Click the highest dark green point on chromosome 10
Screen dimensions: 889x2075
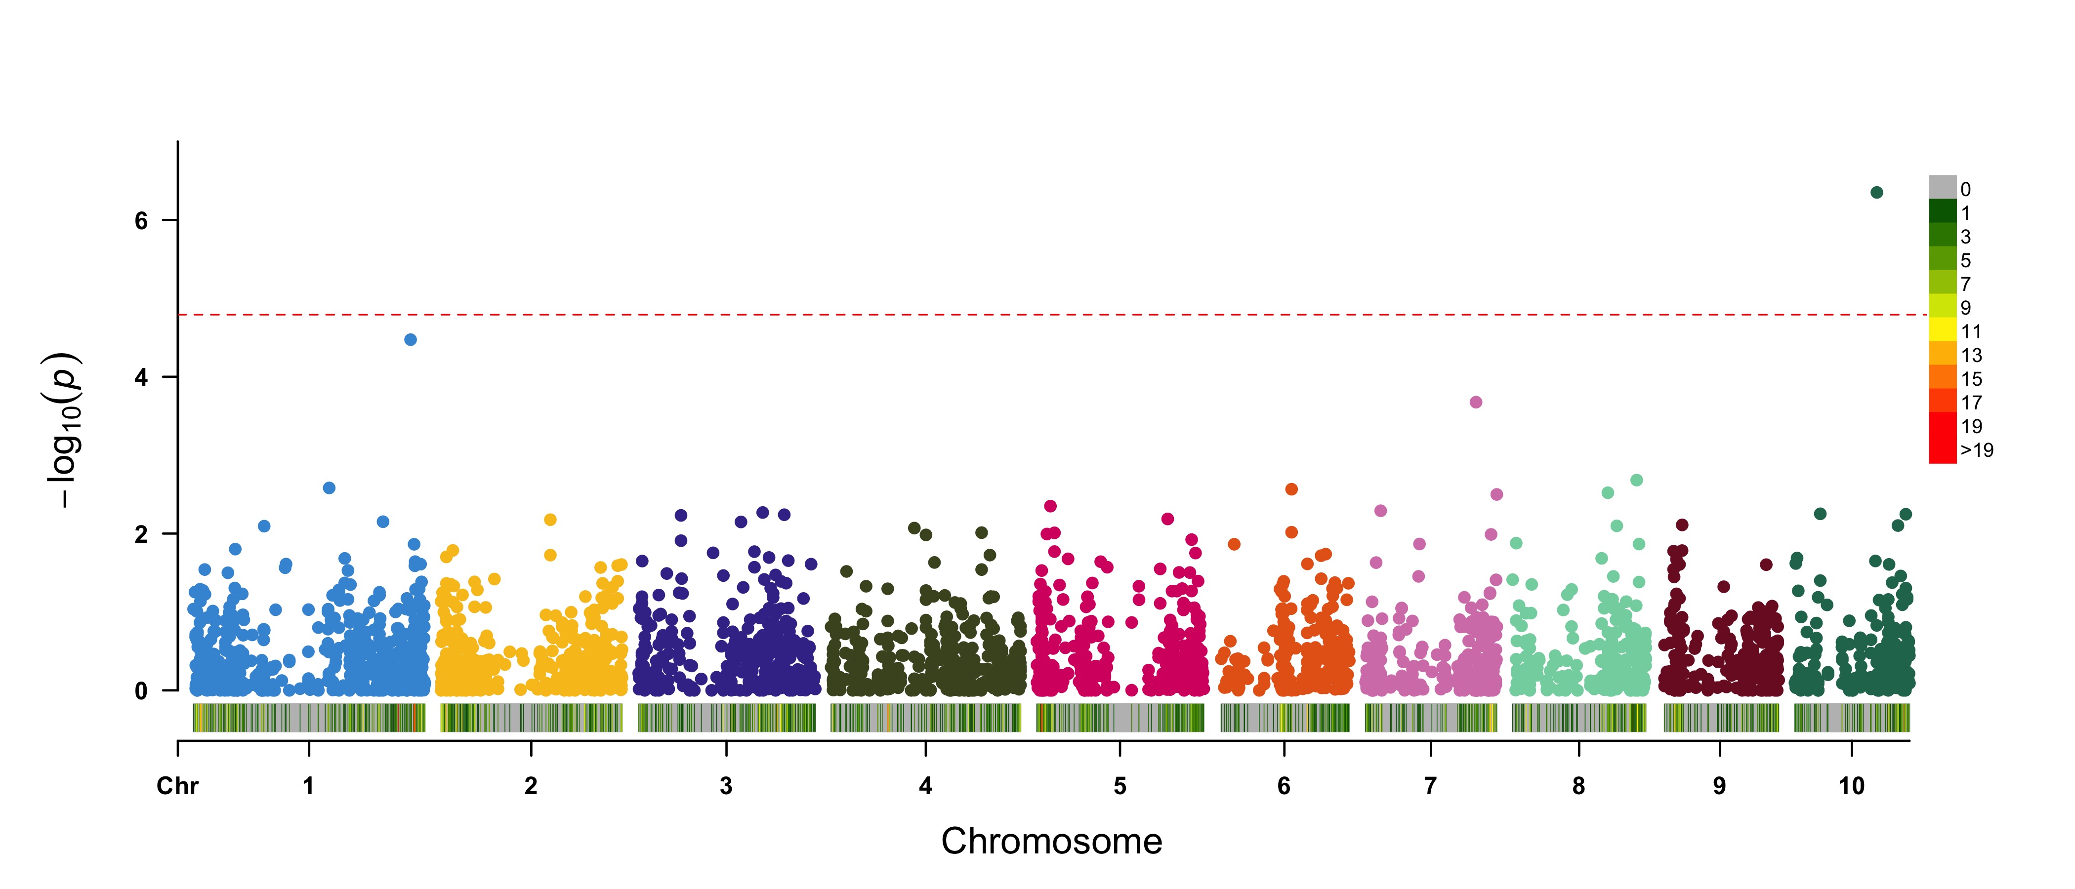[x=1876, y=193]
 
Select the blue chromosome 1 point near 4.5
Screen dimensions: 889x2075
[x=410, y=340]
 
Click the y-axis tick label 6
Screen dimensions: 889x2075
[x=142, y=221]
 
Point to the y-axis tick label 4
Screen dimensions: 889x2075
[x=142, y=378]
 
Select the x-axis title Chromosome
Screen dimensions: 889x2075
[x=1051, y=842]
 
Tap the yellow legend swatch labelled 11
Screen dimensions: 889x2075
[x=1942, y=330]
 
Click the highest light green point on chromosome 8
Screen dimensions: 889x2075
[x=1636, y=481]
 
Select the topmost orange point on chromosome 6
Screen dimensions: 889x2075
[x=1291, y=489]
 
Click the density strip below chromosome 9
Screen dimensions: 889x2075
[x=1721, y=718]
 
